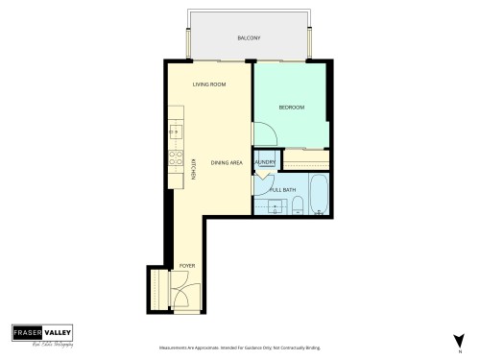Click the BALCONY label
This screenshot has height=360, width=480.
coord(249,38)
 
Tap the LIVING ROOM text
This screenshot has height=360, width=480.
coord(209,84)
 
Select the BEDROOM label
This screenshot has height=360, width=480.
coord(292,108)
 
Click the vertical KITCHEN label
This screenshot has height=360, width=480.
coord(194,168)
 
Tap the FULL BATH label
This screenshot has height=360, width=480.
coord(281,189)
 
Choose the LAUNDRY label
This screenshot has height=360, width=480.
coord(265,162)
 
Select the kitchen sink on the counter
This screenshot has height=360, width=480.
coord(175,129)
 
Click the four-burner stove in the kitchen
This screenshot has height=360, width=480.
coord(176,159)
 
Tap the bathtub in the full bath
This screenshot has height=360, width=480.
coord(320,195)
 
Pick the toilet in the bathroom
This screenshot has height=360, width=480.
coord(298,203)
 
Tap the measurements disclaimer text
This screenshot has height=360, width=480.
coord(238,348)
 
